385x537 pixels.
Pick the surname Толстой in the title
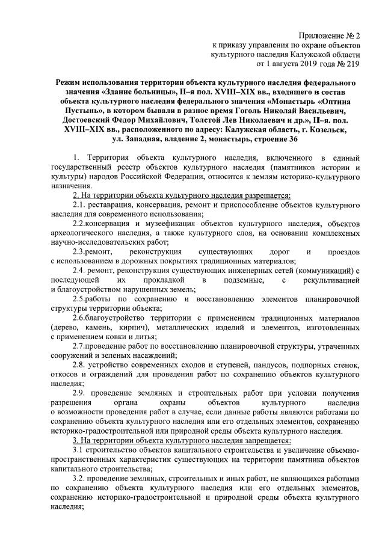(x=185, y=120)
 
